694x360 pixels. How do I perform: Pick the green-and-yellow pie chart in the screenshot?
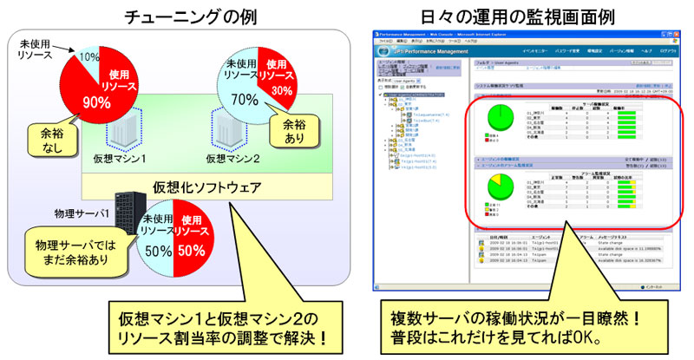click(498, 189)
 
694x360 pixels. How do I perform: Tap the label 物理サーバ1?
click(80, 209)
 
